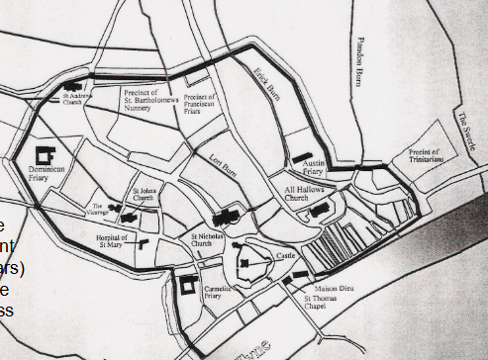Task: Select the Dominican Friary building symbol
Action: (x=45, y=156)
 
